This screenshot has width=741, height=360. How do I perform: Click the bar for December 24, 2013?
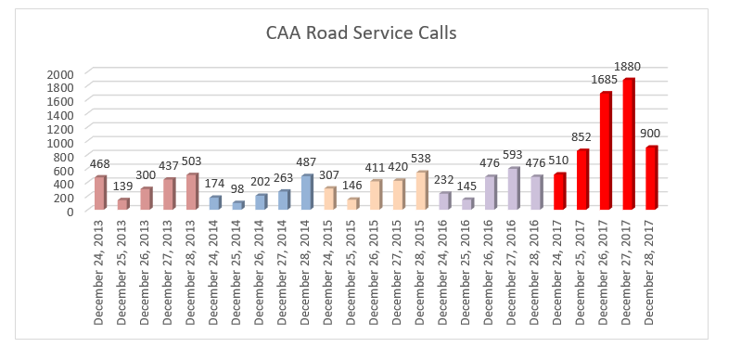(100, 193)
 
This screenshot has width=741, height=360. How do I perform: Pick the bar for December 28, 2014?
(306, 192)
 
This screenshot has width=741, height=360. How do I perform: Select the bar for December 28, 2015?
(421, 191)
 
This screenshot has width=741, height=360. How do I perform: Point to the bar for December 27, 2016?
(514, 188)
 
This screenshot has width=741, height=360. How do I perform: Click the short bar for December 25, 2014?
(237, 205)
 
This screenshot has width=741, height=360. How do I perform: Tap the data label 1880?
(628, 67)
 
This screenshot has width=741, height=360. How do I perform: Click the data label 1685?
(605, 81)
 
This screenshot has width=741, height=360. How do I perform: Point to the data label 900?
(651, 135)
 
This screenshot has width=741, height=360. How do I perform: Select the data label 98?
(237, 189)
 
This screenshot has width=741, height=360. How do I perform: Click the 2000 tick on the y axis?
(62, 74)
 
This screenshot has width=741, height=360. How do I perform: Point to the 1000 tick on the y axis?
(62, 143)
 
